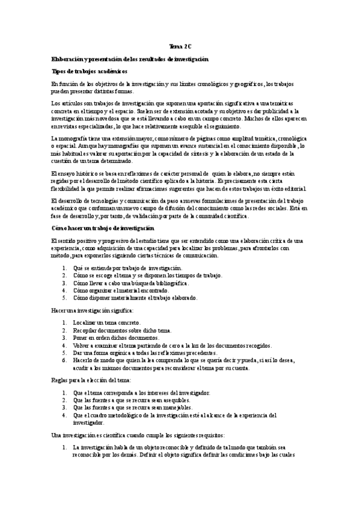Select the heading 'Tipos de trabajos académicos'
tap(90, 70)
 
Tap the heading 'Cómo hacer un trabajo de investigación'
tap(103, 229)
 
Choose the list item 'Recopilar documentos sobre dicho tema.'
tap(122, 330)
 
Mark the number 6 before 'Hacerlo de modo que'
tap(64, 360)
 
